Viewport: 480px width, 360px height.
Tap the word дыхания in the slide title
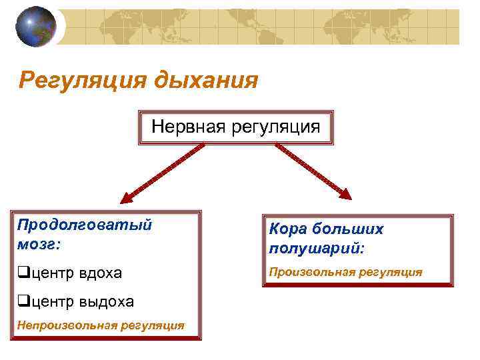point(206,81)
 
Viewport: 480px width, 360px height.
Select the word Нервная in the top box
point(189,125)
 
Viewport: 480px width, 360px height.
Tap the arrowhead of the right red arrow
point(346,195)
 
